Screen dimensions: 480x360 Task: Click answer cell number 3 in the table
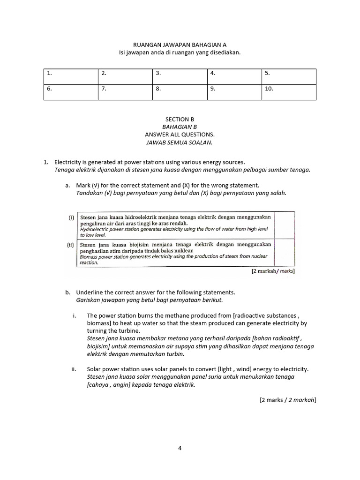(x=180, y=76)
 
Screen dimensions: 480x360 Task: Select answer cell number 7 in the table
(x=125, y=92)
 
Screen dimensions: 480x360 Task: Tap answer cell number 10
(x=289, y=92)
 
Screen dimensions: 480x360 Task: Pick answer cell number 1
(x=71, y=76)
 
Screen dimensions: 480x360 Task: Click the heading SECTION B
(x=180, y=119)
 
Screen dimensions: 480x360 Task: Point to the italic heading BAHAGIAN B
(x=180, y=127)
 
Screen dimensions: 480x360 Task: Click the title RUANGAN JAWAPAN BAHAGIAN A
(x=180, y=45)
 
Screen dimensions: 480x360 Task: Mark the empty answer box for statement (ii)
(x=284, y=253)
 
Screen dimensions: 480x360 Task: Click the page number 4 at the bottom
(x=180, y=448)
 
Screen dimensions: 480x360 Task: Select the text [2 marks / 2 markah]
(x=288, y=400)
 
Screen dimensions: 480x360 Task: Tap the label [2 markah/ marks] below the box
(x=273, y=271)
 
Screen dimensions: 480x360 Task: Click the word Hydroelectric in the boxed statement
(x=96, y=229)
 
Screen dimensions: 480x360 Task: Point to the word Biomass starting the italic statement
(x=89, y=256)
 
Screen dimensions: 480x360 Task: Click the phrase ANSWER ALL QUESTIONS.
(x=180, y=135)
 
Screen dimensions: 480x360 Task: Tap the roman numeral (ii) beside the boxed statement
(x=71, y=245)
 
